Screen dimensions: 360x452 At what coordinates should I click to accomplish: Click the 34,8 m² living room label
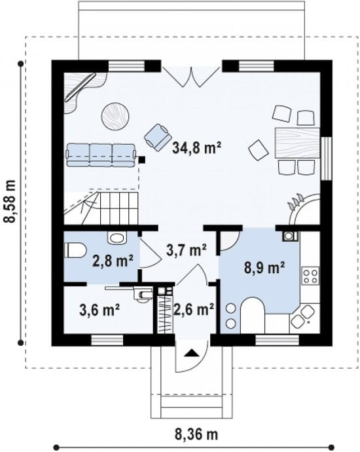197,148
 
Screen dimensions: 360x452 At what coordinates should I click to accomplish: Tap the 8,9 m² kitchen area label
264,268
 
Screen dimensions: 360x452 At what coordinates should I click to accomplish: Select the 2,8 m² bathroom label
113,261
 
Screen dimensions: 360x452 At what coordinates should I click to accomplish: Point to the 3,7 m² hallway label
187,250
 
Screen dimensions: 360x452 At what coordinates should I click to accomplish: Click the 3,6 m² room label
99,310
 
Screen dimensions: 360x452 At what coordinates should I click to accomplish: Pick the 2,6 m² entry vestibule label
194,310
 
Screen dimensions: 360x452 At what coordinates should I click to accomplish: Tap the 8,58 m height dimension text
10,202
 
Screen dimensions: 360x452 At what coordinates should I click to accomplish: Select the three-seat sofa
101,155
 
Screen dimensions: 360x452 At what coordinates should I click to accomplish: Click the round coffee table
115,116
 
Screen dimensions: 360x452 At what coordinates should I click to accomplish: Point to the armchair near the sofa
158,137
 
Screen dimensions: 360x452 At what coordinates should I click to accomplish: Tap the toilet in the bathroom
75,250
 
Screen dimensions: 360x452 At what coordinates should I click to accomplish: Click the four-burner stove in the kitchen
310,276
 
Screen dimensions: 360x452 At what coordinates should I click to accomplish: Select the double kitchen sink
302,316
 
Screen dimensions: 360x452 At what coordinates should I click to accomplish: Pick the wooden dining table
298,142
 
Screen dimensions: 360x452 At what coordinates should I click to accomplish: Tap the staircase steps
118,208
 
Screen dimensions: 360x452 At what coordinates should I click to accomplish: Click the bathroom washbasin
117,238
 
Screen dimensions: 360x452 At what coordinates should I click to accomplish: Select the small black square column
141,159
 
